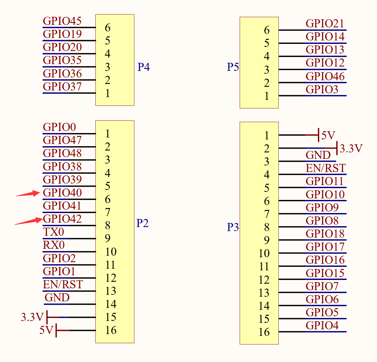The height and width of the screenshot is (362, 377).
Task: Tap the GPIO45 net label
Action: click(62, 21)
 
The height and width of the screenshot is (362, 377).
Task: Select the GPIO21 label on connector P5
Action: click(325, 24)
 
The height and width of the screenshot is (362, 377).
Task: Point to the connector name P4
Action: click(144, 67)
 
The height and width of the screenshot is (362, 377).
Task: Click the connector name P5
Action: click(233, 67)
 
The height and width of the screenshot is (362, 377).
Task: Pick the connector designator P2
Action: click(142, 223)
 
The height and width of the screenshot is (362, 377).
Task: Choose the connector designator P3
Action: click(233, 227)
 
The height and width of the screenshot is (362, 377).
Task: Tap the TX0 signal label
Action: click(53, 232)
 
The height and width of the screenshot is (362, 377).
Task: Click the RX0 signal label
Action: click(54, 245)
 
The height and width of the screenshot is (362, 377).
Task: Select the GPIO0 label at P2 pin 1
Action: click(59, 127)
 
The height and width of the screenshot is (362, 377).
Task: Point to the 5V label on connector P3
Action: click(328, 135)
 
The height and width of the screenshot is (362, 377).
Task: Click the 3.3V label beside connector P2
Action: click(32, 317)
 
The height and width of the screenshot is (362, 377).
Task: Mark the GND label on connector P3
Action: click(318, 155)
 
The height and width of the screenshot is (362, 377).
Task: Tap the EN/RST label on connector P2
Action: click(63, 284)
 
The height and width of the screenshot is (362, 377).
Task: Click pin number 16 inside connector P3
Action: click(264, 332)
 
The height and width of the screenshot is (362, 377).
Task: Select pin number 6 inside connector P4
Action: click(108, 28)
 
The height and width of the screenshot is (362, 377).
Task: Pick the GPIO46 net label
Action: click(325, 77)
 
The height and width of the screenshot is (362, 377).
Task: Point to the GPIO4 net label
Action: click(322, 326)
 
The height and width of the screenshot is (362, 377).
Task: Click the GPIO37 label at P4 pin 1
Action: click(62, 86)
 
